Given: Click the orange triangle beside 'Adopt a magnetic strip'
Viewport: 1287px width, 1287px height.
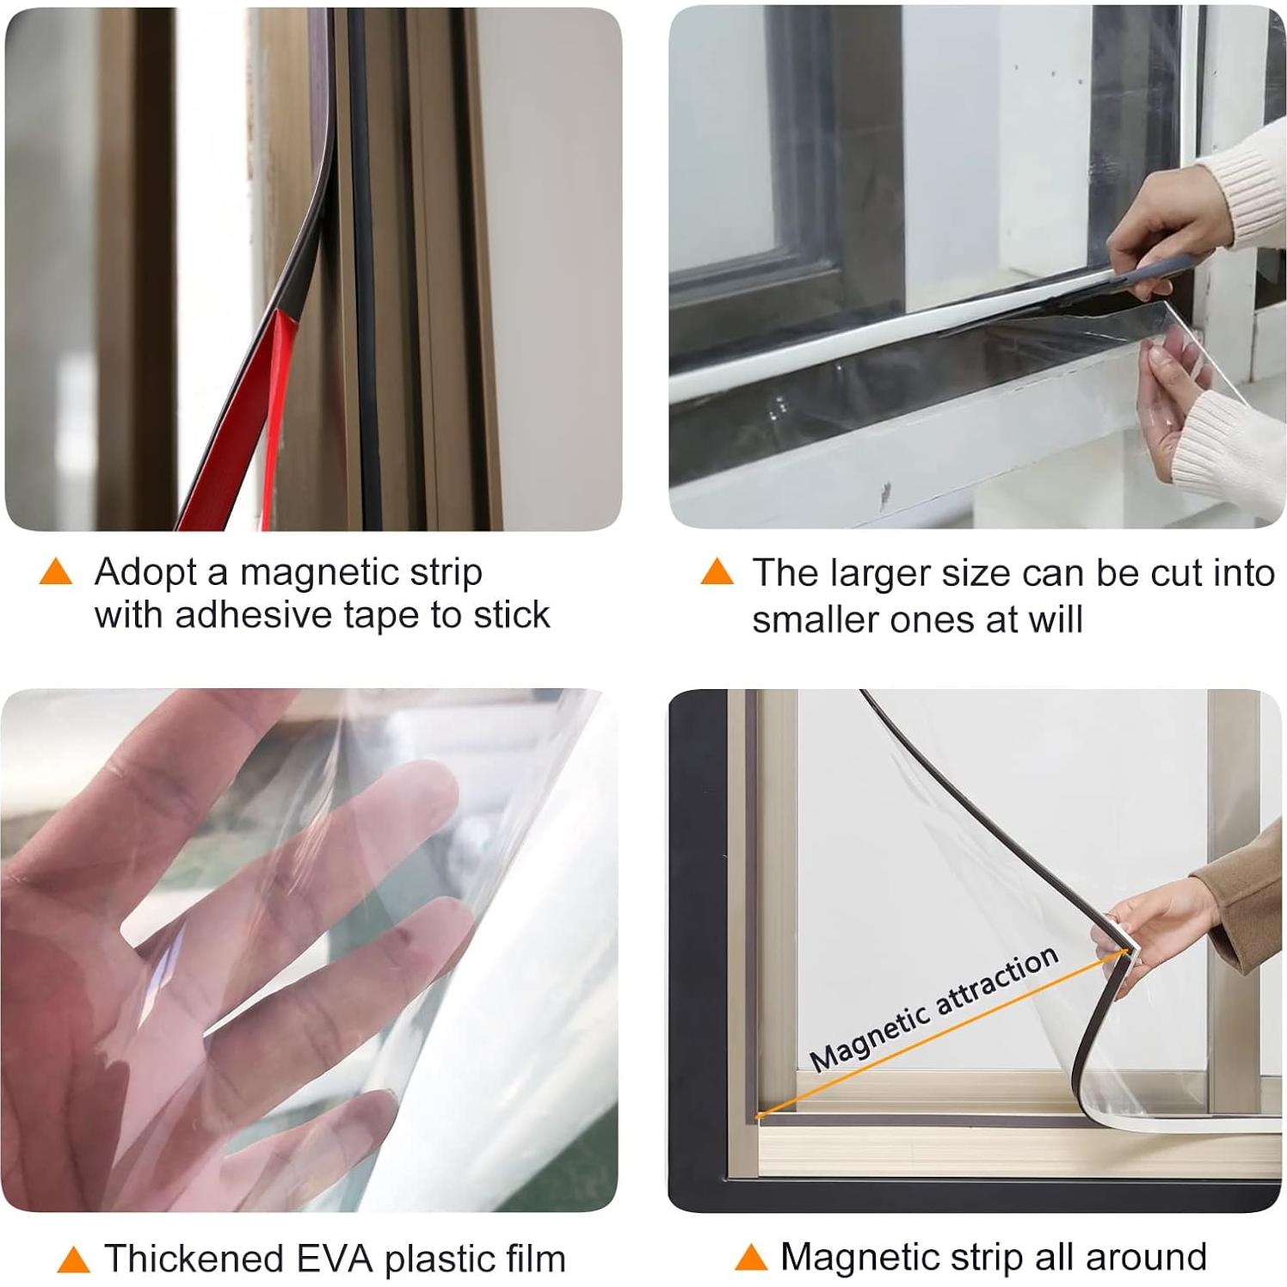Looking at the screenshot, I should tap(56, 572).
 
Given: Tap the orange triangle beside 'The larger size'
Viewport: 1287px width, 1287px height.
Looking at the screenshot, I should tap(717, 572).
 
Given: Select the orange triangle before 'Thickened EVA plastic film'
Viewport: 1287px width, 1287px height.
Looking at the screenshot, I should tap(73, 1260).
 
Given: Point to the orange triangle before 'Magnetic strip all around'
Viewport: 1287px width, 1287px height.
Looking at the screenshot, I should tap(750, 1259).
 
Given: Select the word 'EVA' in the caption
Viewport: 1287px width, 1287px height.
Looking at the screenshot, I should tap(335, 1259).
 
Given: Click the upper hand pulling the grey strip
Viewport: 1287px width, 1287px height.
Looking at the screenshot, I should tap(1157, 232).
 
